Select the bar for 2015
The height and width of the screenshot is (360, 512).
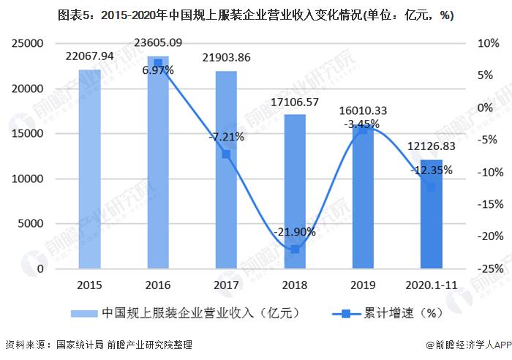(x=89, y=169)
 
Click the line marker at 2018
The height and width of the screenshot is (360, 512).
(x=295, y=250)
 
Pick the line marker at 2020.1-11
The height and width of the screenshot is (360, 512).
(x=432, y=187)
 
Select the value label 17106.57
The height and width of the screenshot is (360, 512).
(x=295, y=102)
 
